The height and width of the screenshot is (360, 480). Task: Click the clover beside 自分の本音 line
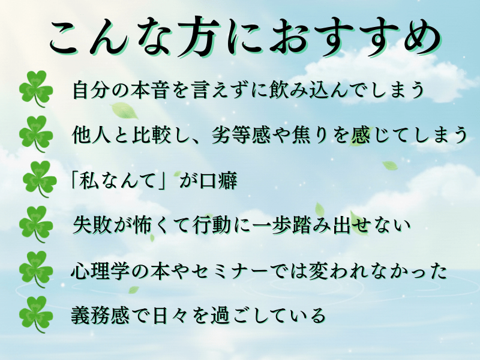point(36,89)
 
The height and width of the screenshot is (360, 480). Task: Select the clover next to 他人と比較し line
point(36,134)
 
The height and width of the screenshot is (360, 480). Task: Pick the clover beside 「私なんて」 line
point(40,179)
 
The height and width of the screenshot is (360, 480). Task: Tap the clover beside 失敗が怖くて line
point(36,224)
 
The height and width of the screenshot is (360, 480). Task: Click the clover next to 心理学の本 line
point(36,269)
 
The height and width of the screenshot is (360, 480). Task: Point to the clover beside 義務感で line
point(36,314)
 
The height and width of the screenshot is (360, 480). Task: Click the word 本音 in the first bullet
point(150,89)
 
